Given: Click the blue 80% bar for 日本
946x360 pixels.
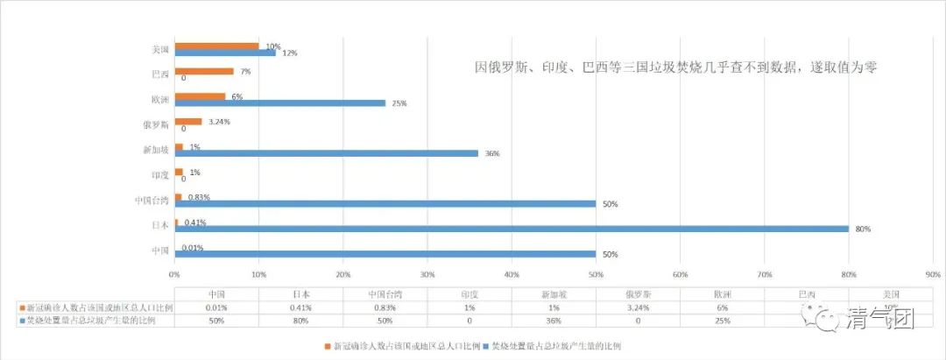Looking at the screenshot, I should tap(512, 229).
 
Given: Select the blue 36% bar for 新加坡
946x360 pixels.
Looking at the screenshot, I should tap(327, 153).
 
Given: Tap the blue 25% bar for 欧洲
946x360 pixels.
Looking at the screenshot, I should tap(280, 102).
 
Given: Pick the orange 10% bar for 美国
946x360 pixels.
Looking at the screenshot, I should tap(217, 46).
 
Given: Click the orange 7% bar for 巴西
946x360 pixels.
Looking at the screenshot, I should tap(204, 71).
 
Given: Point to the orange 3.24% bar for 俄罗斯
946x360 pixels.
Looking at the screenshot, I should tap(188, 121).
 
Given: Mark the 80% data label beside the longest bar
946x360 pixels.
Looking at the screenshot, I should tap(861, 229).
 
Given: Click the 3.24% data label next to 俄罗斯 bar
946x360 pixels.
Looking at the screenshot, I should tap(218, 121).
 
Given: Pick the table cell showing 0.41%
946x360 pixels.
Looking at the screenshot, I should tap(301, 307).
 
